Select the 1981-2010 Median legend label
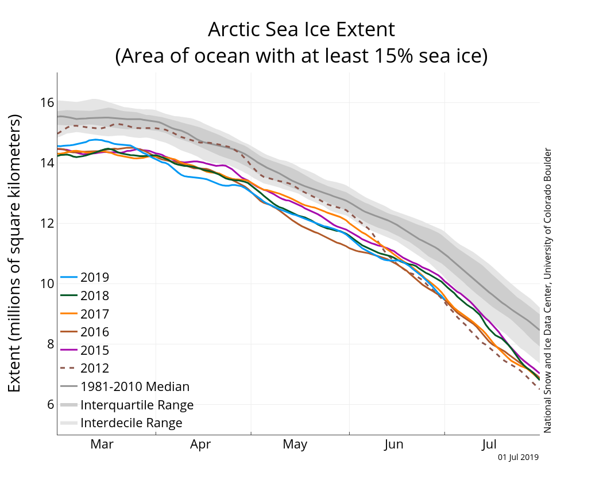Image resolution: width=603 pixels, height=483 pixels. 135,387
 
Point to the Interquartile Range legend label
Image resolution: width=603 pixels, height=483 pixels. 137,405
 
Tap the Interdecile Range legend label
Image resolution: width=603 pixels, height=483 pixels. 132,423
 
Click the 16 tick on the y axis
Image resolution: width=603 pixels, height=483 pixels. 47,103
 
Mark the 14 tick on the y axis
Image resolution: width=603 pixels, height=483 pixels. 47,163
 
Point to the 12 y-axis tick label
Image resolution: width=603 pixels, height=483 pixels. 47,224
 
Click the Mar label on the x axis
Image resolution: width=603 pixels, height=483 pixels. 102,444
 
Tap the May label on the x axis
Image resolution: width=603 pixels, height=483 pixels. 295,444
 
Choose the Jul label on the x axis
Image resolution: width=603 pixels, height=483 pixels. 489,444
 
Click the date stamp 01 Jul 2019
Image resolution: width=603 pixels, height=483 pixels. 518,458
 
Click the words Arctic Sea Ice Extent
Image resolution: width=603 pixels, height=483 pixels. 301,30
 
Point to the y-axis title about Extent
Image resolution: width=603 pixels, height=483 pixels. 15,253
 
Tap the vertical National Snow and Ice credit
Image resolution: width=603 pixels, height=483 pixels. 547,290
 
